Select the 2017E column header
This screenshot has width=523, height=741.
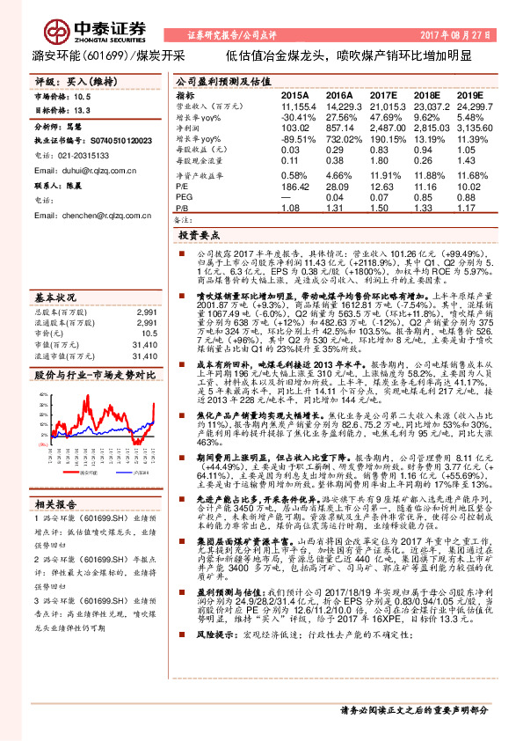click(x=383, y=93)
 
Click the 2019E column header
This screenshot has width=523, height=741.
click(x=471, y=93)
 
